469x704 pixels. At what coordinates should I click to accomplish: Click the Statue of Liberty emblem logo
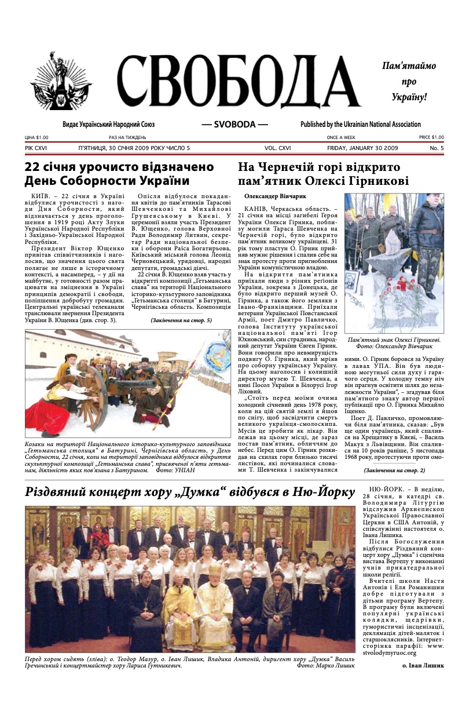point(61,82)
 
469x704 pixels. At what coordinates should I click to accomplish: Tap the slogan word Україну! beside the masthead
point(409,96)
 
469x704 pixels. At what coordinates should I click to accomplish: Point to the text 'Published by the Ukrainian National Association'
point(360,125)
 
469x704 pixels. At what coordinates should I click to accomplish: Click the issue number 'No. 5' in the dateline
point(437,148)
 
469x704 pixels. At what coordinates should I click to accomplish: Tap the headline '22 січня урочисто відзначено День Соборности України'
point(119,174)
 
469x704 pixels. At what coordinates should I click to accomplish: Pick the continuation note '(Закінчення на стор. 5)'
point(181,320)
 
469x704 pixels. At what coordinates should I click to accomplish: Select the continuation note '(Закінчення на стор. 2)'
point(394,470)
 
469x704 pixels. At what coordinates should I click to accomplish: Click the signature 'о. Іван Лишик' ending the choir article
point(423,665)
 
